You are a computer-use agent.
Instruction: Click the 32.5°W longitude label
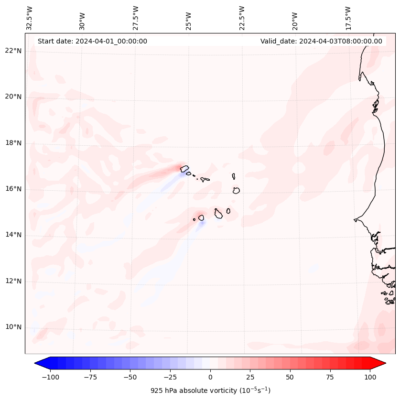[x=30, y=18]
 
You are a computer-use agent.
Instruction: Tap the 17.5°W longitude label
[x=348, y=18]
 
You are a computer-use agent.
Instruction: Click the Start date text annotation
[x=92, y=41]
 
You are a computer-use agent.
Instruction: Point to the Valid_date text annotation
[x=321, y=41]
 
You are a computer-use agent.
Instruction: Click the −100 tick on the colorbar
[x=50, y=377]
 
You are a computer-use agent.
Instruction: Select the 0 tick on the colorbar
[x=210, y=377]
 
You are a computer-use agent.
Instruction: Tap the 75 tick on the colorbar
[x=330, y=377]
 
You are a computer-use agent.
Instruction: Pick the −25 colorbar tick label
[x=170, y=377]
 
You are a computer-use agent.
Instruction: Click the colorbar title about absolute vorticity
[x=210, y=390]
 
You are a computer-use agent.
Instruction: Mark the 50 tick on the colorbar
[x=290, y=377]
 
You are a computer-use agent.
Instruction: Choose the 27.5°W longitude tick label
[x=136, y=18]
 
